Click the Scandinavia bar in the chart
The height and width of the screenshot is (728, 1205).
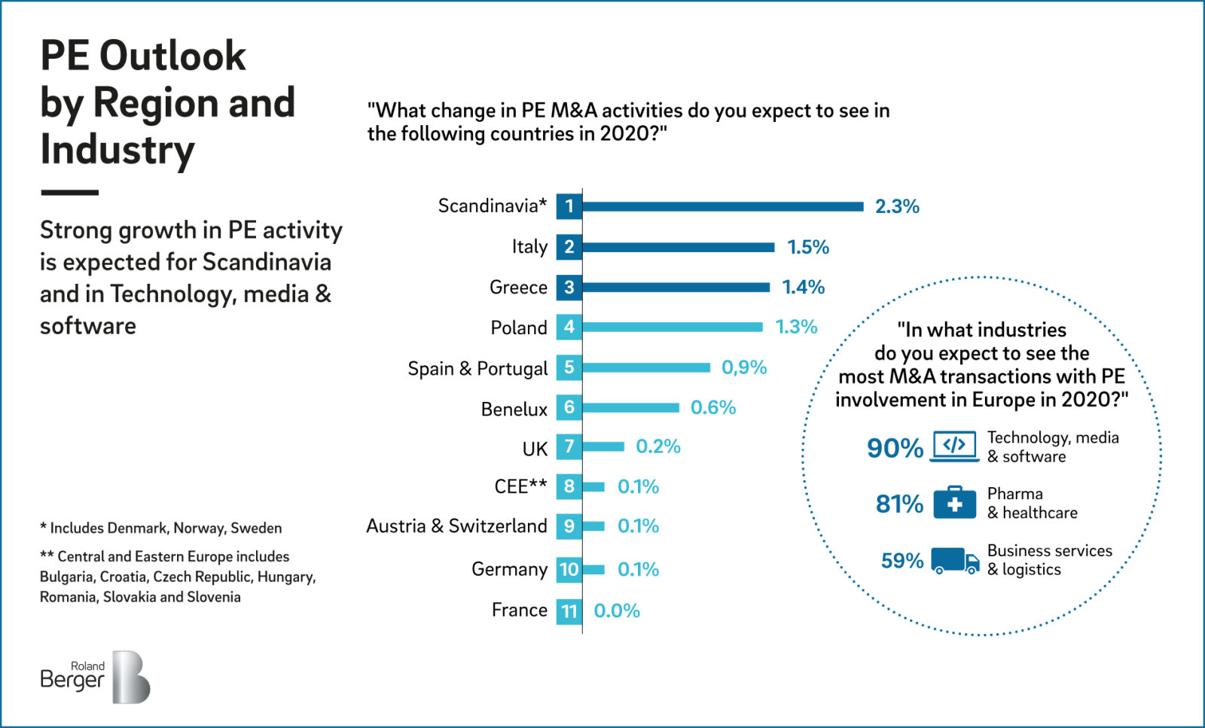723,206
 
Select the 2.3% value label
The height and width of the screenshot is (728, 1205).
897,206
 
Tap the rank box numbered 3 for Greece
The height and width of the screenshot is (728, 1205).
569,287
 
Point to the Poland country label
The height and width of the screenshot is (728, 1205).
519,327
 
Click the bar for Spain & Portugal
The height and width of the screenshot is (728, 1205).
646,367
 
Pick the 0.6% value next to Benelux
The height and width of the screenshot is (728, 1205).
713,407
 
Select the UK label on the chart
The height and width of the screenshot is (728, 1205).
535,449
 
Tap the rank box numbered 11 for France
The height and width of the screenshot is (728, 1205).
569,611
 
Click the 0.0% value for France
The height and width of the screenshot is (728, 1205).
617,611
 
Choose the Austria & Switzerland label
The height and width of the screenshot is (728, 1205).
456,525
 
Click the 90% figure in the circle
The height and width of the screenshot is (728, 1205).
895,448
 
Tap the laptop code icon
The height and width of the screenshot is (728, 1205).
954,446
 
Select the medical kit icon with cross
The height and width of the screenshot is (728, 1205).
954,502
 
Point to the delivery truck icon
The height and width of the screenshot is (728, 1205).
954,561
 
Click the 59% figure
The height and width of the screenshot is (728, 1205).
901,561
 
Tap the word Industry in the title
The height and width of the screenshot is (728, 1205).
117,149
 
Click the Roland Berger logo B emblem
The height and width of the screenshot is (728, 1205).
131,678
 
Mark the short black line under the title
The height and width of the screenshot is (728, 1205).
69,193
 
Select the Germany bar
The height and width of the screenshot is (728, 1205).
593,569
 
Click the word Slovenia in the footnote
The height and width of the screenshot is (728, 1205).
214,597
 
